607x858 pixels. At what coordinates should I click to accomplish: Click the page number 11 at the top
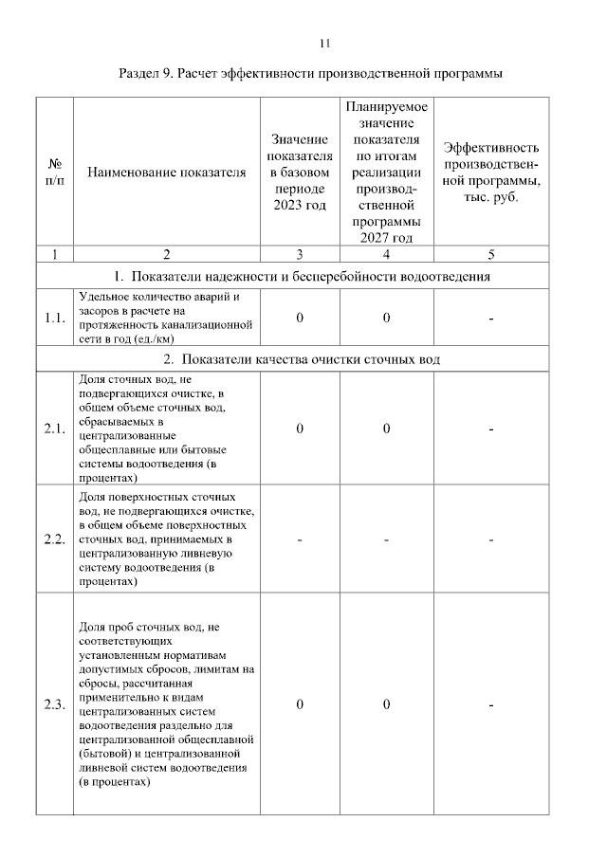point(324,43)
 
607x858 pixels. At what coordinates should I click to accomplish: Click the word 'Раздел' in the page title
point(142,73)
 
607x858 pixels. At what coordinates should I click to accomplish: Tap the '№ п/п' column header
point(54,172)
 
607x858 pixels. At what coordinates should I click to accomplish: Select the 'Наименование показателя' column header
point(166,173)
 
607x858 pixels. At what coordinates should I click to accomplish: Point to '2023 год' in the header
point(300,206)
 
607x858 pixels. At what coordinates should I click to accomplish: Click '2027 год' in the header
point(386,237)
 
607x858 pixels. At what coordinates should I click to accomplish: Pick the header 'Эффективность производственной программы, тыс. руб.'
point(490,172)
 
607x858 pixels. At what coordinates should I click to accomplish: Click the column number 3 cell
point(300,254)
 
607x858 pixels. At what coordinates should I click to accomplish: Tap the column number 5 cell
point(490,254)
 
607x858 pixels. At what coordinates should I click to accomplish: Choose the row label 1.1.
point(54,318)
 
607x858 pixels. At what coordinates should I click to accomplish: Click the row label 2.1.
point(54,429)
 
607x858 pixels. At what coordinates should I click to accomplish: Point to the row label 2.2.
point(54,539)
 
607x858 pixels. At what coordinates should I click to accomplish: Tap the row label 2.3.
point(54,704)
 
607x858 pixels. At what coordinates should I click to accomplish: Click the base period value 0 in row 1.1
point(300,318)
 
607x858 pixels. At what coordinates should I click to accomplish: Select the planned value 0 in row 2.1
point(387,429)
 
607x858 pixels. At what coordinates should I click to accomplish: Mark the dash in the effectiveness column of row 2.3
point(490,704)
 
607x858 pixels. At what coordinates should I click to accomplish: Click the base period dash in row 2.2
point(300,539)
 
